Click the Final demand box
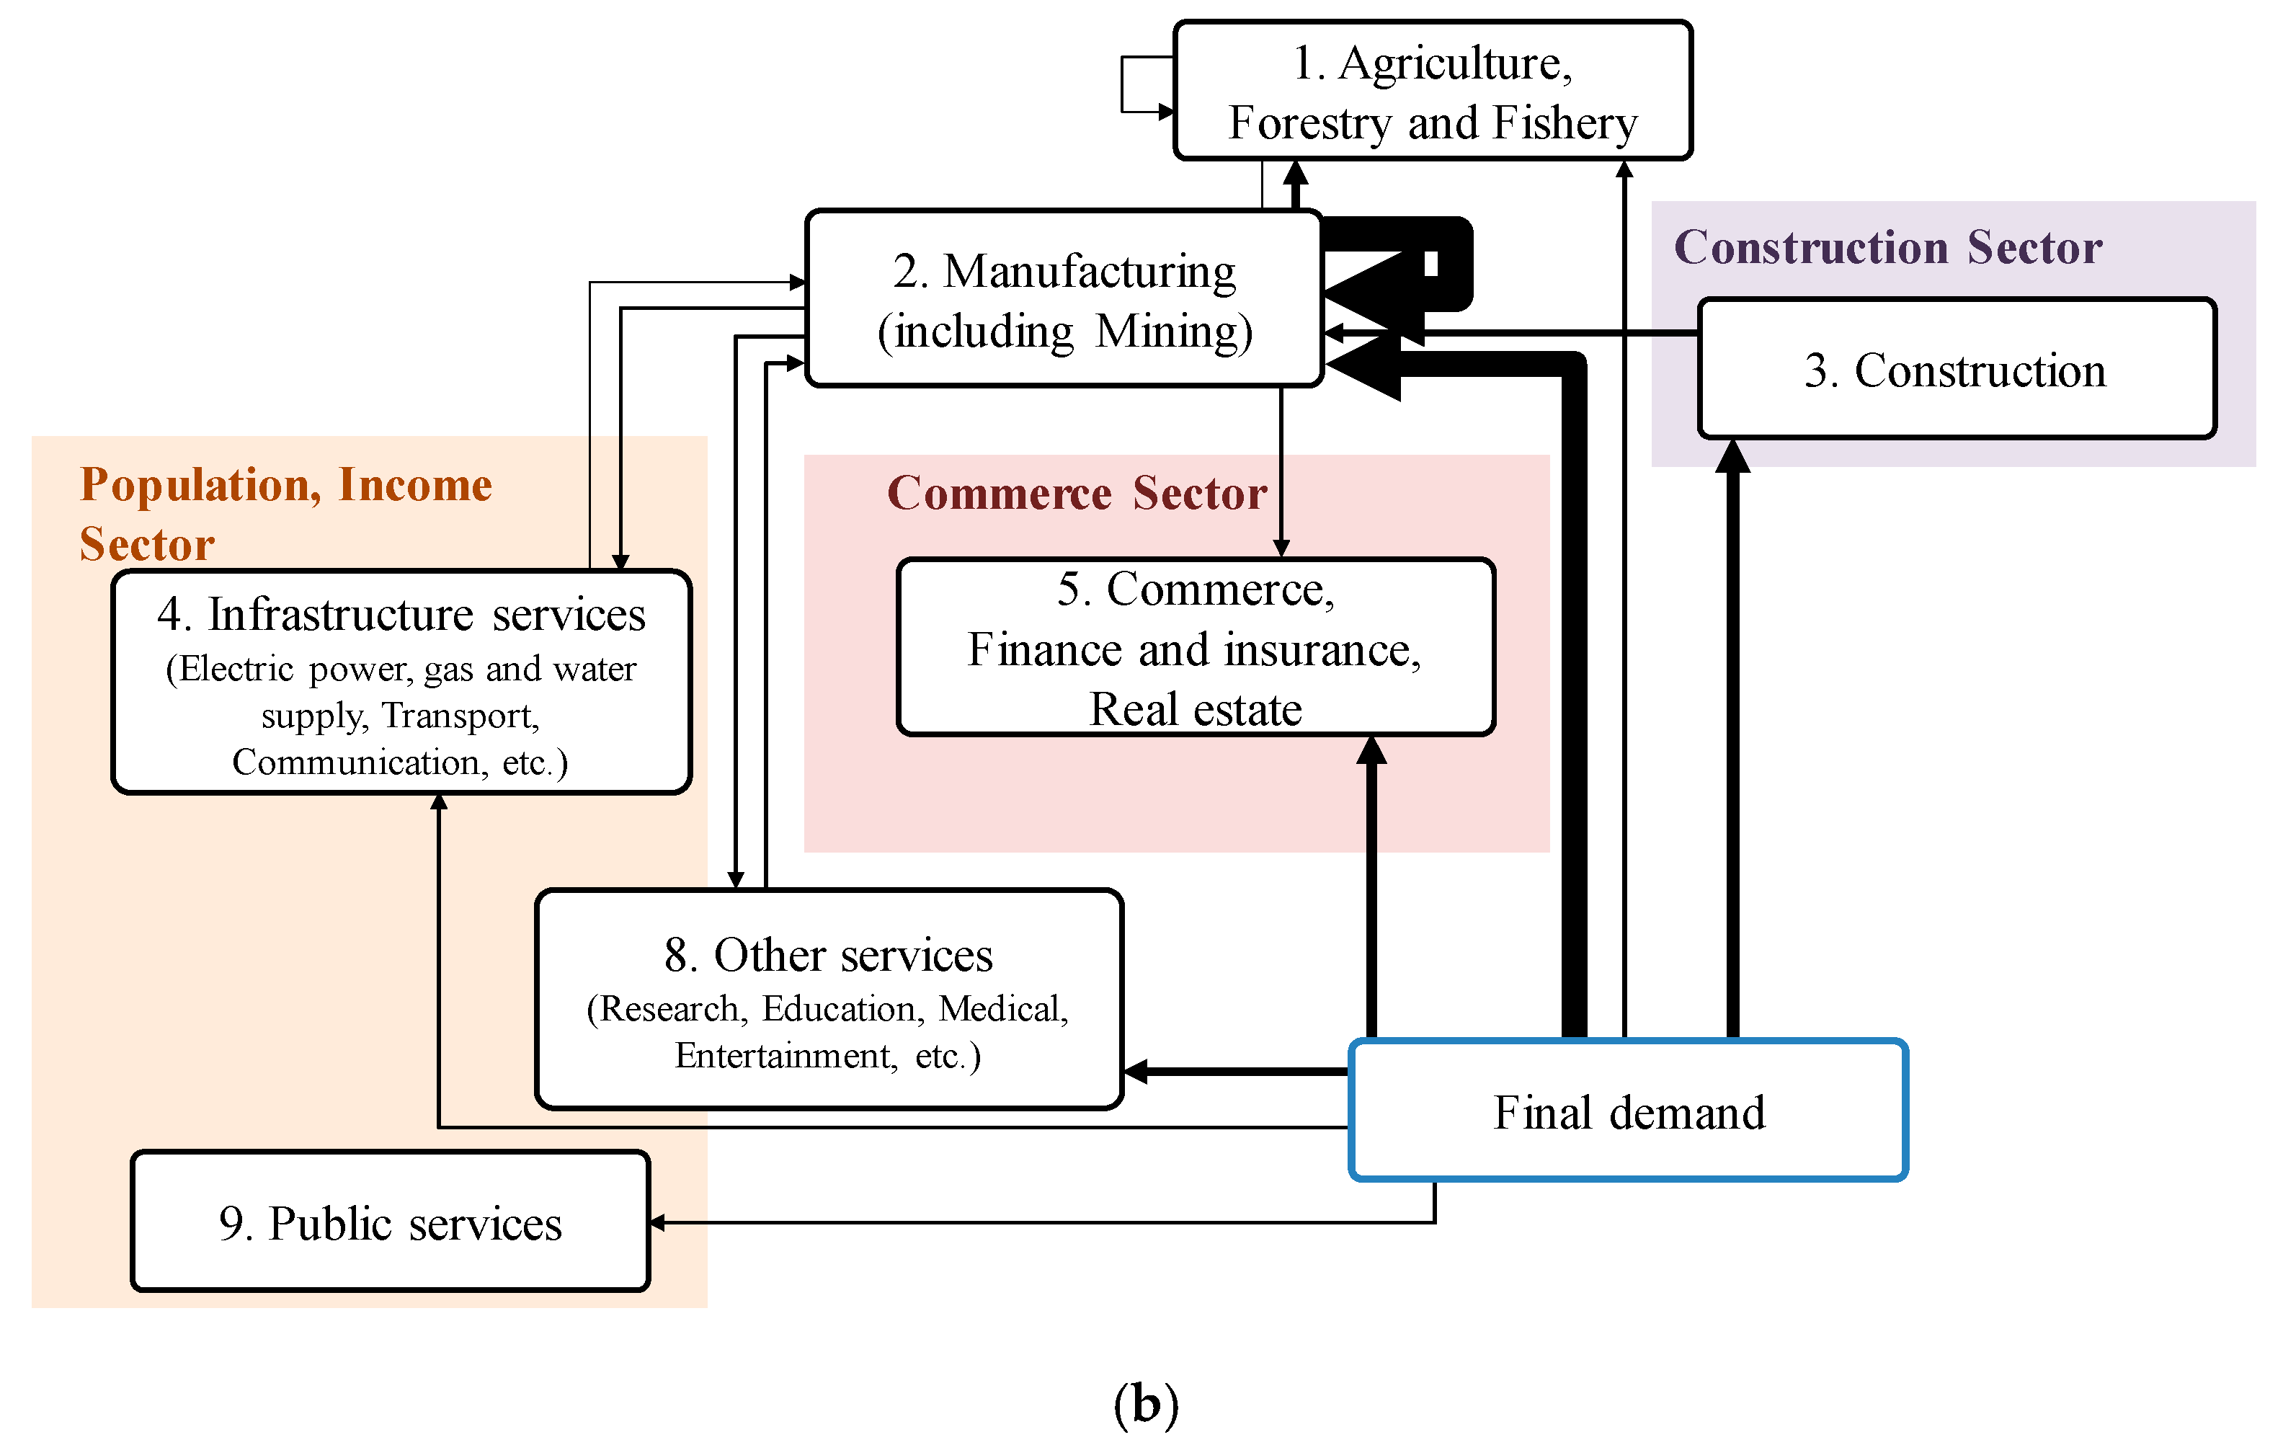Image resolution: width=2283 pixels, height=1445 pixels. coord(1628,1111)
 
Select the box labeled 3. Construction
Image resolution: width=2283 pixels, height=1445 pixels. coord(1956,370)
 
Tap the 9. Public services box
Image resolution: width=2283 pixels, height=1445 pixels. coord(390,1222)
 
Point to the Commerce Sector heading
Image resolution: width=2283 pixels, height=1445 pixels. coord(1076,493)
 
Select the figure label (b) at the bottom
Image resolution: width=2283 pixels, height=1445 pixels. coord(1145,1403)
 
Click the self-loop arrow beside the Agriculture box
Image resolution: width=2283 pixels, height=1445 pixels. coord(1124,84)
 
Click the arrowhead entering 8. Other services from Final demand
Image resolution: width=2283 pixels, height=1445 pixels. coord(1135,1072)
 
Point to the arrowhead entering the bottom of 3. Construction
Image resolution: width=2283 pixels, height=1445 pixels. coord(1732,455)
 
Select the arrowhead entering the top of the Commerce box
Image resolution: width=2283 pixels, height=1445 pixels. coord(1281,548)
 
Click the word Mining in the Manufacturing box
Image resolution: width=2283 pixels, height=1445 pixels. coord(1172,331)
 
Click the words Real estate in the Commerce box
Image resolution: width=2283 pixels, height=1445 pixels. coord(1196,709)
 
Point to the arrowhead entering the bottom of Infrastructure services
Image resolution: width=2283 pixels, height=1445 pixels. coord(439,802)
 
